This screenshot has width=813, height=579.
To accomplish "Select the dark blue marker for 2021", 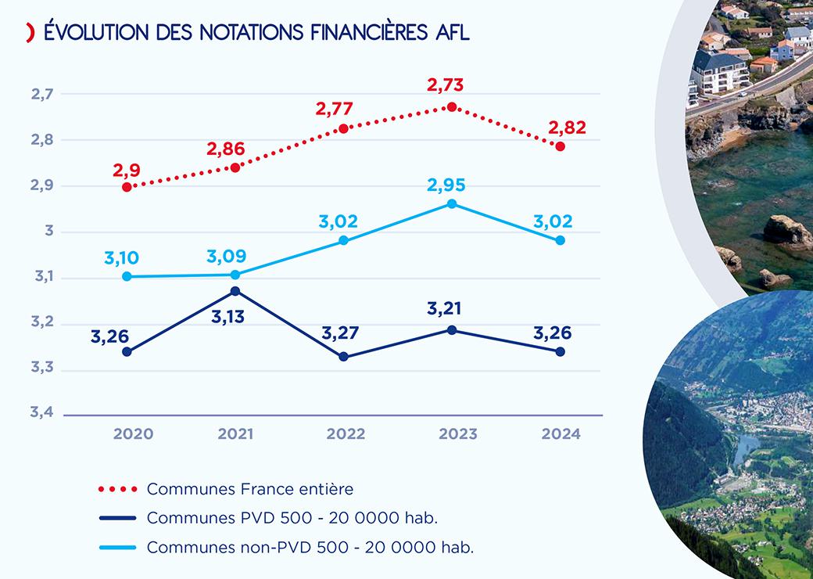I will [x=235, y=291].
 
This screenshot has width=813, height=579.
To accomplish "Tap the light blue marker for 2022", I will [x=343, y=240].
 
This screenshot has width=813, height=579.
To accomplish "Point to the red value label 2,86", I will [x=226, y=149].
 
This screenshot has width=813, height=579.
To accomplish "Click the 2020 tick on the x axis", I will [x=134, y=433].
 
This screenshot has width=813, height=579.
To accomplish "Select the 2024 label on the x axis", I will [x=561, y=433].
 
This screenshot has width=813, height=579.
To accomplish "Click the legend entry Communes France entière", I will [x=250, y=489].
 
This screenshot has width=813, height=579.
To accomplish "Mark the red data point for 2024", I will [x=561, y=146].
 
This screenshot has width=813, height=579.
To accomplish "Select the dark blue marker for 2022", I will [x=343, y=357].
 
